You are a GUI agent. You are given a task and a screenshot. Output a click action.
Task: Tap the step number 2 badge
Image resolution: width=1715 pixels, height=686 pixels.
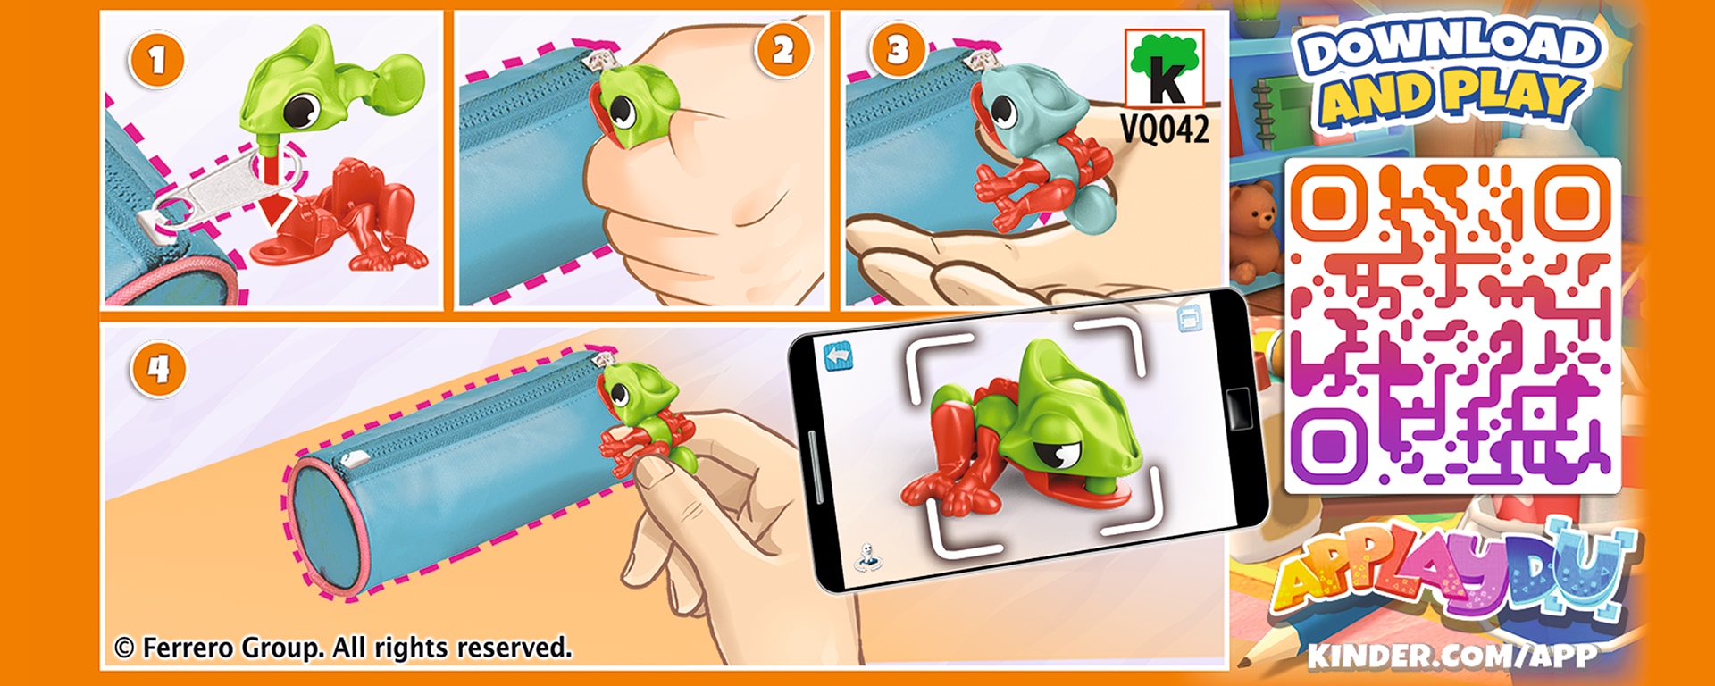pos(783,50)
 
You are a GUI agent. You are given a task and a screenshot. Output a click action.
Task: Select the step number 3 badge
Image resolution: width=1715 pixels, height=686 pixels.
pos(898,50)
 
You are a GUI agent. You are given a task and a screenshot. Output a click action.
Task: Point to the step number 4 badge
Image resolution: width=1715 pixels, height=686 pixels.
pos(159,369)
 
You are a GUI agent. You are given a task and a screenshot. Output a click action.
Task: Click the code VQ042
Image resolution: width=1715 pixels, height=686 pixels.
pos(1165,130)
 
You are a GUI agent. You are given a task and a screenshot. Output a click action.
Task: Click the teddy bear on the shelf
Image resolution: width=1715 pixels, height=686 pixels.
pos(1255,230)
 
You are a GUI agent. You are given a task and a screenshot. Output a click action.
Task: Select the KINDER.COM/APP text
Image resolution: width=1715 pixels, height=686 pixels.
pos(1451,656)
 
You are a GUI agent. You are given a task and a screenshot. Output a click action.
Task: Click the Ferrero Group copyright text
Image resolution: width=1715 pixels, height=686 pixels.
pos(343,648)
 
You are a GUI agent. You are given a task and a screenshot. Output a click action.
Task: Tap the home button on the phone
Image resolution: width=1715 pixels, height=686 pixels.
pos(1238,408)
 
